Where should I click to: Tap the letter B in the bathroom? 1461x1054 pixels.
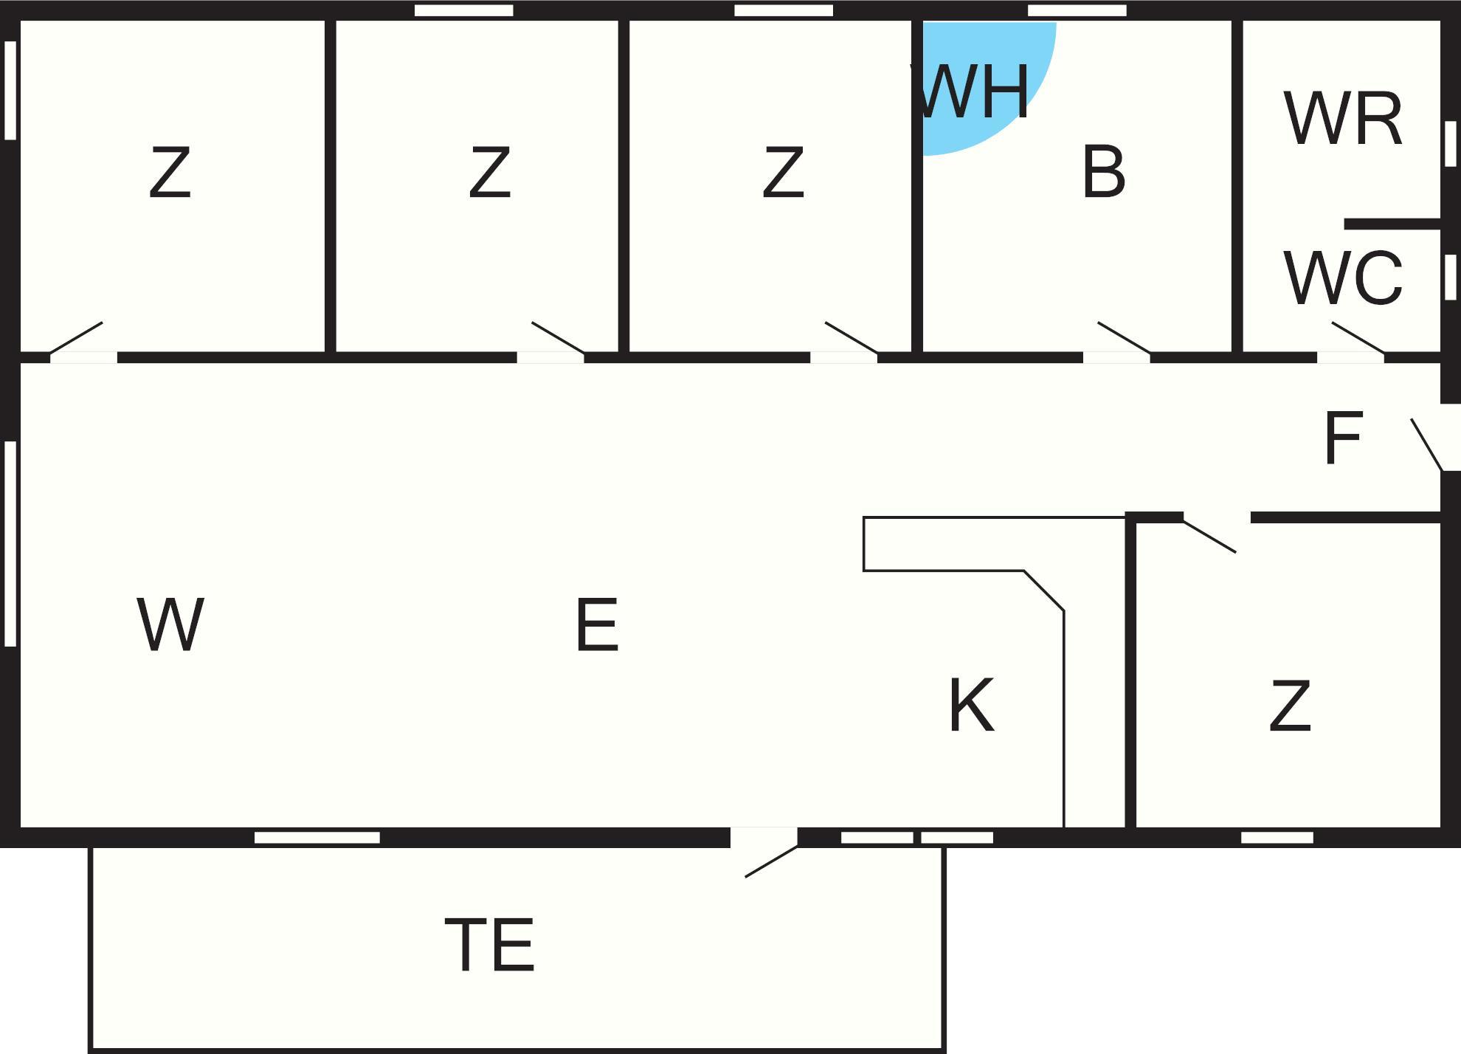[x=1104, y=172]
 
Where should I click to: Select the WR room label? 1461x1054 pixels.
[x=1343, y=119]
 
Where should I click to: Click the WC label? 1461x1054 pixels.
[x=1343, y=278]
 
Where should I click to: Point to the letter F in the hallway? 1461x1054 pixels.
[x=1342, y=438]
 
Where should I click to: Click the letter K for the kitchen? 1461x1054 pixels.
[x=971, y=706]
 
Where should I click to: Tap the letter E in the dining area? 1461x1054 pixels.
[x=597, y=625]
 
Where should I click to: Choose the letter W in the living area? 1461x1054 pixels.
[x=170, y=625]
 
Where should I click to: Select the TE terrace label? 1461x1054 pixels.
[x=490, y=945]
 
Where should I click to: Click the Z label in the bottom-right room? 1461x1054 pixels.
[x=1290, y=706]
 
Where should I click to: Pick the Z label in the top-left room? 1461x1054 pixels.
[x=170, y=173]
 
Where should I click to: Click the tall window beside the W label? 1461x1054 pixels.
[x=10, y=544]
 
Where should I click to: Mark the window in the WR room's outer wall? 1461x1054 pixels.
[x=1450, y=144]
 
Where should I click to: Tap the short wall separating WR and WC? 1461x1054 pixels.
[x=1392, y=224]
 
